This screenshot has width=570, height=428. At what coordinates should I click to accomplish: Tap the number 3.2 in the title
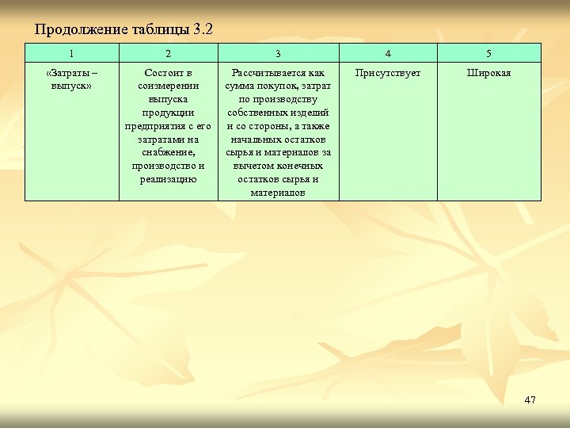click(203, 30)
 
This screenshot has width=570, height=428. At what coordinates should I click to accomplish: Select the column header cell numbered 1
click(72, 54)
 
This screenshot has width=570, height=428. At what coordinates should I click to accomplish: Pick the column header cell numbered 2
click(168, 54)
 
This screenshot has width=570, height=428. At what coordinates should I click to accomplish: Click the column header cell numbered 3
click(278, 54)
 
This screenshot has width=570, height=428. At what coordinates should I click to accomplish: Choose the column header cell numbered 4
click(388, 54)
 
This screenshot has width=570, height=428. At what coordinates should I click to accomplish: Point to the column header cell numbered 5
click(488, 54)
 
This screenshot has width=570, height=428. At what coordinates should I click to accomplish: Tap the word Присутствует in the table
click(388, 73)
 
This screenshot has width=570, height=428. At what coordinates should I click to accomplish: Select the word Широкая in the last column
click(488, 73)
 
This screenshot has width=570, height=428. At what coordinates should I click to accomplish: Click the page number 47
click(530, 399)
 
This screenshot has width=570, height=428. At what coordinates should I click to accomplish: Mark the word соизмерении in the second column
click(168, 86)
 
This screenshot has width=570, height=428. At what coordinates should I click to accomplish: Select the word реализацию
click(168, 179)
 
